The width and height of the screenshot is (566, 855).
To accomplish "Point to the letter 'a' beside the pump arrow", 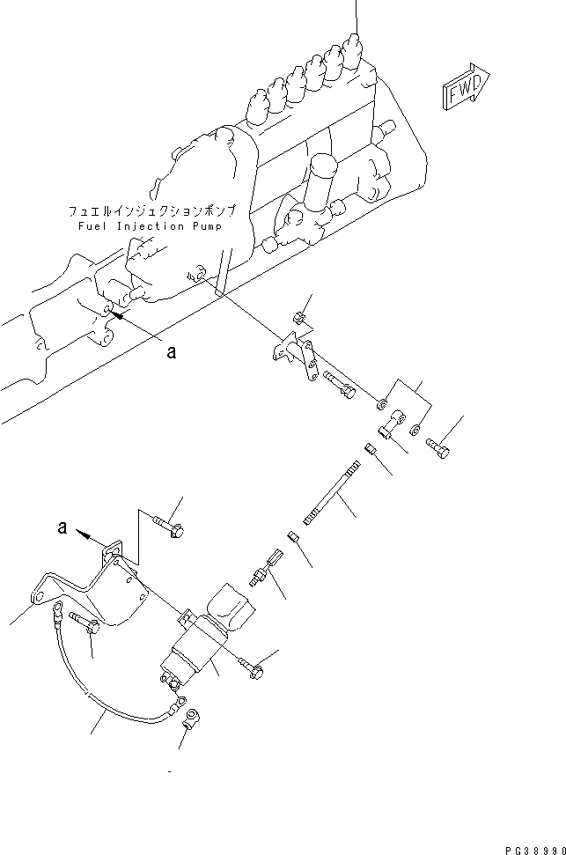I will point(172,352).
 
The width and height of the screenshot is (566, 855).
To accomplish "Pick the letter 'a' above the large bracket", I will point(62,529).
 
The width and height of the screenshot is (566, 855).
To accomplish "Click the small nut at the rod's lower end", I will point(293,535).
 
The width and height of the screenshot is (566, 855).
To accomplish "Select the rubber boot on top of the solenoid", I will point(230,608).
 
